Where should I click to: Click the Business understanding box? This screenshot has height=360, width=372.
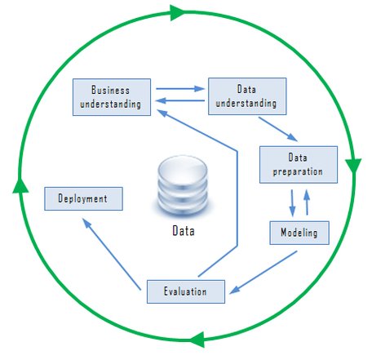[112, 97]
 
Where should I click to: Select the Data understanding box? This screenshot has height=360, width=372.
[247, 96]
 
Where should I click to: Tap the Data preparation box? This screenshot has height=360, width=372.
[299, 165]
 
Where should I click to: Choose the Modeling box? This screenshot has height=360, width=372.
[299, 233]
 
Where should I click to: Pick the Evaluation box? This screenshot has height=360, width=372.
[186, 291]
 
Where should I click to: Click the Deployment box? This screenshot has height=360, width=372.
[83, 198]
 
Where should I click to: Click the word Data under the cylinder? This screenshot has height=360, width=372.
[184, 231]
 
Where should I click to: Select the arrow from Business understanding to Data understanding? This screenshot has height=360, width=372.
[180, 89]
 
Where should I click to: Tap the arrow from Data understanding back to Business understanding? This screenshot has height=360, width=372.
[180, 100]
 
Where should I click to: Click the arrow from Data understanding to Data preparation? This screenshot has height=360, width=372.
[278, 129]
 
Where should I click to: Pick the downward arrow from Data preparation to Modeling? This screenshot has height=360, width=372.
[292, 203]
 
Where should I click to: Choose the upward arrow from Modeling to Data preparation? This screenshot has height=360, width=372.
[307, 202]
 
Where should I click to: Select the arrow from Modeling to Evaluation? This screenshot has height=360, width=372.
[263, 273]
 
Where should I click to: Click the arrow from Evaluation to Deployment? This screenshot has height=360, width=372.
[112, 254]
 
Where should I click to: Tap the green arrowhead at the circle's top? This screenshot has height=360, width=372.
[177, 12]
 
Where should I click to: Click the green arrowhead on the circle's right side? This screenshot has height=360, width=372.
[353, 165]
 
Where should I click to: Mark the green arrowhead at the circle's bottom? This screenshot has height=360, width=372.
[197, 340]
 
